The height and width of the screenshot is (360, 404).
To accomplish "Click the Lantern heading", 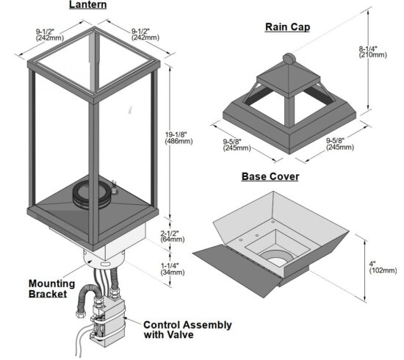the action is tap(88, 5).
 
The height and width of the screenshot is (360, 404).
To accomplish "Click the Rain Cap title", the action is tap(287, 27).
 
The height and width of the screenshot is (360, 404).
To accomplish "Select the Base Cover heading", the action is tap(270, 176).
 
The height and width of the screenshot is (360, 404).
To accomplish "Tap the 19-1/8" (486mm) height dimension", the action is tap(178, 138).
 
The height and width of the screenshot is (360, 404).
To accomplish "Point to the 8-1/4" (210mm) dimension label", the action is tap(373, 52).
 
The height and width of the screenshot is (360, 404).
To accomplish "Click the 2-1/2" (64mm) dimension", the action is tap(173, 236).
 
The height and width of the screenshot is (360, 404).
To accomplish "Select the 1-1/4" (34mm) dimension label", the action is tap(173, 269).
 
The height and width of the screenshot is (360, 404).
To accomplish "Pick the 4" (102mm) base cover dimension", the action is tap(383, 267).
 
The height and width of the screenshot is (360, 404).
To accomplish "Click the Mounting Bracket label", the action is tap(51, 289).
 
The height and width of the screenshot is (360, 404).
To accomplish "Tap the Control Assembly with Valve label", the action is tap(187, 330).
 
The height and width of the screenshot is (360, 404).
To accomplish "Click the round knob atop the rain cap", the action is tap(289, 59).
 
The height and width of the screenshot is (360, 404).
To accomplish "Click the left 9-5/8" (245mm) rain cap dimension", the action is tap(237, 145).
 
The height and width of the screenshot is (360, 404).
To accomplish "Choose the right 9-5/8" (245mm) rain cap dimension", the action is tap(340, 144).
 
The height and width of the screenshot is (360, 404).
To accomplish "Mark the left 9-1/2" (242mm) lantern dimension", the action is tap(50, 35).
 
